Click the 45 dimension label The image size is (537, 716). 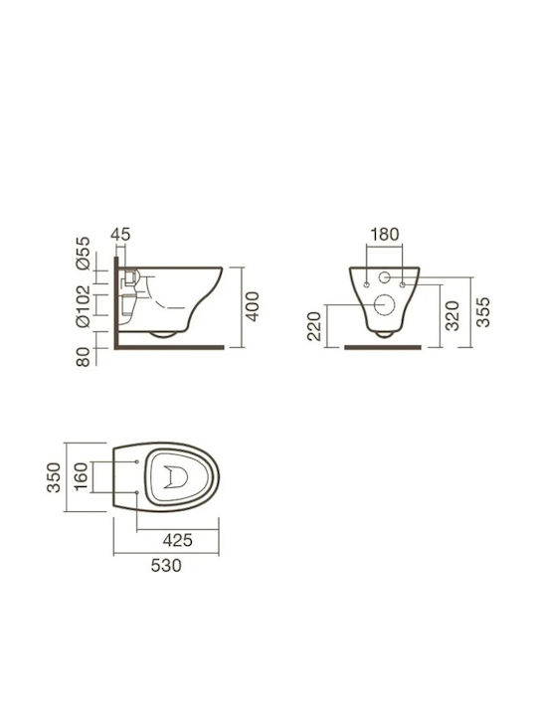coord(120,235)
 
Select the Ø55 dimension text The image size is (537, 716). coord(84,253)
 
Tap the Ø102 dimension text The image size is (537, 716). coord(84,306)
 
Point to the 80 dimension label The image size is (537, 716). coord(84,357)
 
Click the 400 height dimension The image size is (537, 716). coord(252,306)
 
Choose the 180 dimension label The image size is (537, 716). coord(385,235)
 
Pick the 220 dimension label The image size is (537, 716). coord(314,326)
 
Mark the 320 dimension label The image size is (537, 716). coord(452,315)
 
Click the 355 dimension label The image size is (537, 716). coord(482,312)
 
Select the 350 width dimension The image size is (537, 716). coord(54,477)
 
